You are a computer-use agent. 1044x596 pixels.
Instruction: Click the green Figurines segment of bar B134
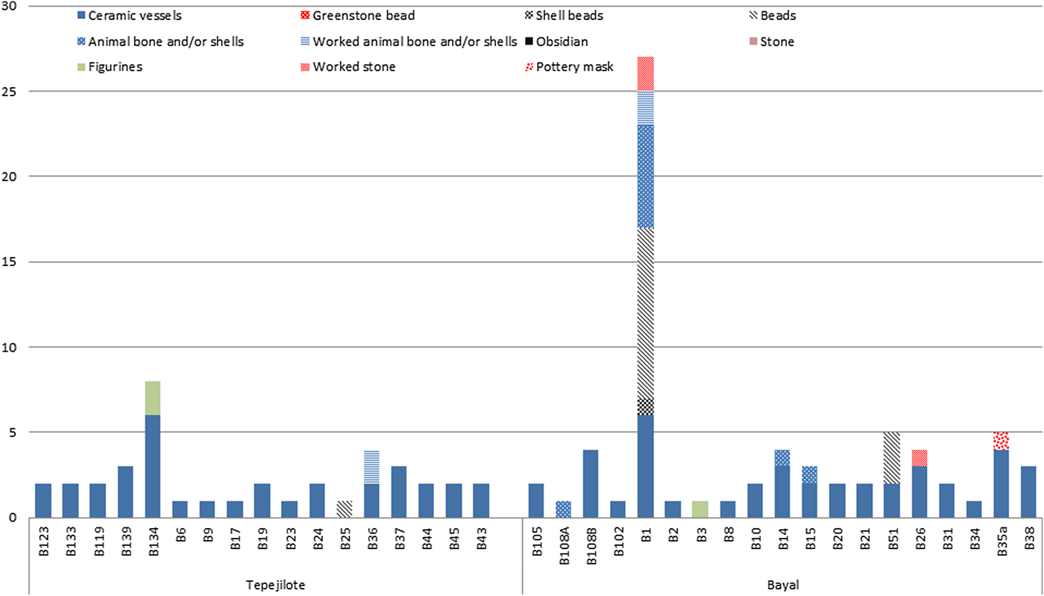coord(153,398)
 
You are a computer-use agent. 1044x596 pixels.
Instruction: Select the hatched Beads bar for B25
coord(344,509)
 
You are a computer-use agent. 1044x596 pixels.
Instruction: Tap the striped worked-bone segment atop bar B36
coord(371,467)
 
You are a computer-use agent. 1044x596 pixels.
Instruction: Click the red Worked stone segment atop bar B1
coord(646,74)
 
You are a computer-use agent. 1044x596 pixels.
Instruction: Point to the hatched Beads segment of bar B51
coord(892,458)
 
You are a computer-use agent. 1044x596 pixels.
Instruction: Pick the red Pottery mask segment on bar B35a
coord(1001,441)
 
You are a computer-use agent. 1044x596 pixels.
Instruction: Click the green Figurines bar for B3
coord(700,509)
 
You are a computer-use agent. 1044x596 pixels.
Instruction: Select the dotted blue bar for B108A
coord(564,509)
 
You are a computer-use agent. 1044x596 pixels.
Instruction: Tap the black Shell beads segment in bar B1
coord(646,407)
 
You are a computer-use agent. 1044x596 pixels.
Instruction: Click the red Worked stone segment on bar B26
coord(919,458)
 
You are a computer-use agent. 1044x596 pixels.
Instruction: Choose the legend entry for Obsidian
coord(556,42)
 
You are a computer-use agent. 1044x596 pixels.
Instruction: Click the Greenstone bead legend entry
coord(357,16)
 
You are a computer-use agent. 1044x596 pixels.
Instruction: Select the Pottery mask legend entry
coord(569,66)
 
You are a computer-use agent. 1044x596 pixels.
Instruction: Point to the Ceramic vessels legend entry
coord(129,16)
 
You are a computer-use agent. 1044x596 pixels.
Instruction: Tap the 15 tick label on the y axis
coord(9,261)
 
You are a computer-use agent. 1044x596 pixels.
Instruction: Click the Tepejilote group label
coord(275,585)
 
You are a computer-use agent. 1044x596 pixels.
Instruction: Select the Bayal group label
coord(783,585)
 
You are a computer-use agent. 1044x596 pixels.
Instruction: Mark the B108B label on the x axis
coord(591,546)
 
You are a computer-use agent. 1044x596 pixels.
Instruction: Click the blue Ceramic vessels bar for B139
coord(125,492)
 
